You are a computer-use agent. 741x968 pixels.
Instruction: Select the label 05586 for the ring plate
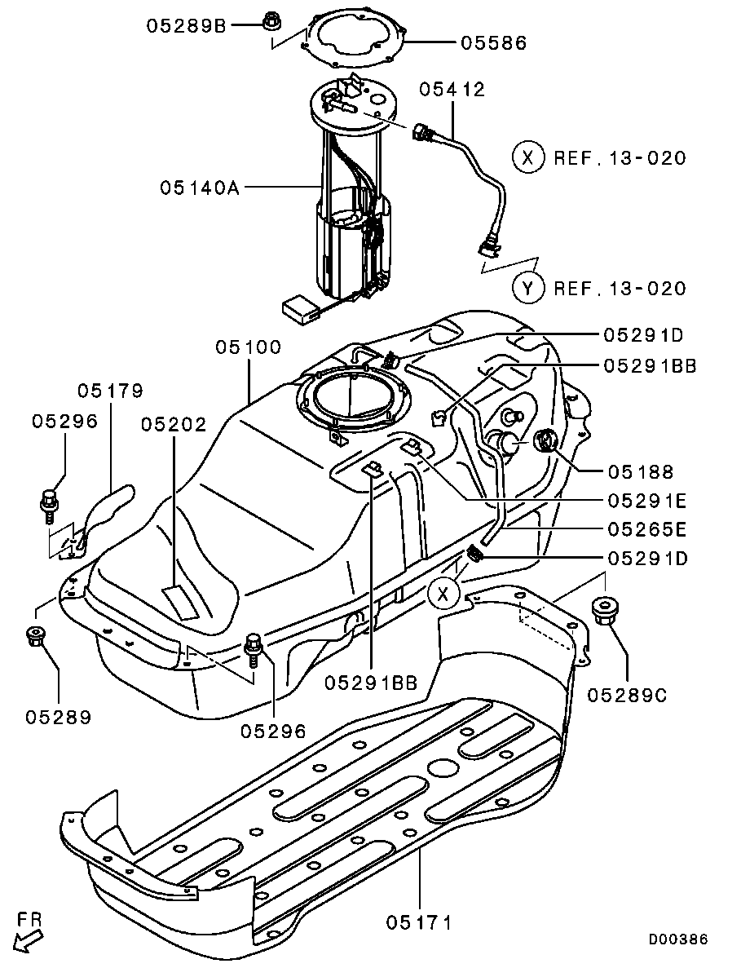point(493,42)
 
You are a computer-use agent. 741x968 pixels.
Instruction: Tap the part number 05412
point(452,89)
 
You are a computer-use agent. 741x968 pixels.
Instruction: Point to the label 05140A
point(200,187)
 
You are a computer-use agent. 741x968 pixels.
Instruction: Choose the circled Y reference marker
point(528,288)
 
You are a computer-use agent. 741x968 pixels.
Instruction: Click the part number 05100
point(248,347)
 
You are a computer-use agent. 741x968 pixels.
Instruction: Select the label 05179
point(110,390)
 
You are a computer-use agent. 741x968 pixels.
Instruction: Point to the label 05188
point(641,471)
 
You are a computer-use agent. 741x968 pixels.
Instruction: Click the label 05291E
point(647,500)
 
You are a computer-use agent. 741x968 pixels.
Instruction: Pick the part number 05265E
point(647,529)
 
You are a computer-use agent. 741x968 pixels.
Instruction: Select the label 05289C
point(627,695)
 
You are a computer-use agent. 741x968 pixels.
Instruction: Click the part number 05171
point(419,922)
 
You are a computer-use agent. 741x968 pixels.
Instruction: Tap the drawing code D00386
point(677,939)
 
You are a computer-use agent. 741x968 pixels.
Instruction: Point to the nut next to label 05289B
point(269,21)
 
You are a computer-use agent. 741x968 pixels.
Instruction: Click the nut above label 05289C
point(605,610)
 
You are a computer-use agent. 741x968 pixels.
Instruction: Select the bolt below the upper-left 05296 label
point(50,503)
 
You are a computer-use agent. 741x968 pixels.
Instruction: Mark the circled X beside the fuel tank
point(443,594)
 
